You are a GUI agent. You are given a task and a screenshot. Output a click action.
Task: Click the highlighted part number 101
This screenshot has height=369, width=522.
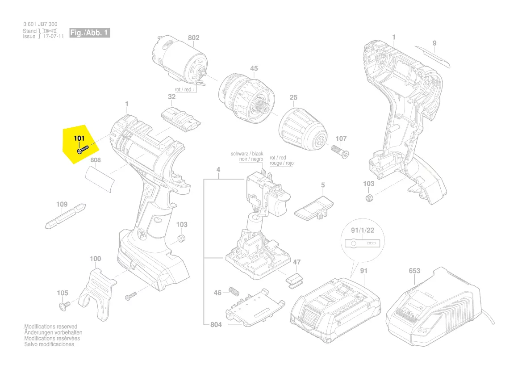coord(79,138)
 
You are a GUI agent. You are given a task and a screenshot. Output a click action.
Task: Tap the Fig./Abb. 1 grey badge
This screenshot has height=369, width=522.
coord(89,33)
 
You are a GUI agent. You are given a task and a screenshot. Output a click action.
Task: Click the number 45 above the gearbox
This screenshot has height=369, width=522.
coord(254,68)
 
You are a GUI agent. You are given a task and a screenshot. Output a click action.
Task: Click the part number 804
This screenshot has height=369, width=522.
coord(216,325)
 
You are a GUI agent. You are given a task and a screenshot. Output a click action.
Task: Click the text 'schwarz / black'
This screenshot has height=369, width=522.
coord(247,154)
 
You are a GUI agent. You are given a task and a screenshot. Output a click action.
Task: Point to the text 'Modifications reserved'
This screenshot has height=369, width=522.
coord(50,327)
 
